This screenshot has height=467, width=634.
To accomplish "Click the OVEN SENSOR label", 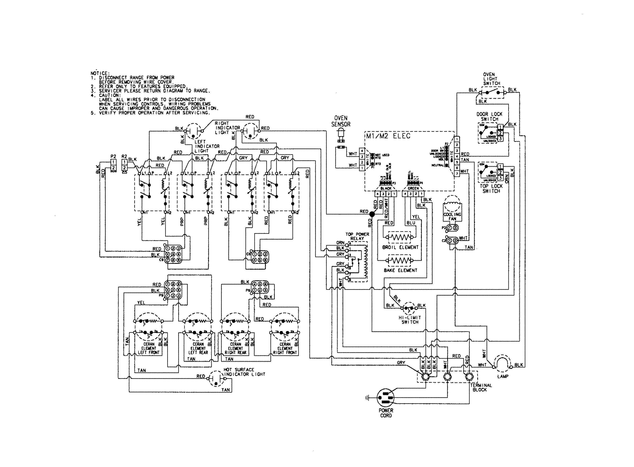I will click(341, 121).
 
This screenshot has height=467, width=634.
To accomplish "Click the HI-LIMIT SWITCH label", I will click(410, 320).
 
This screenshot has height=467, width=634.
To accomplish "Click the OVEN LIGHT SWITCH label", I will click(491, 79).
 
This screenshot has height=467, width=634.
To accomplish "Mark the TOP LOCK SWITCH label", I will click(491, 189).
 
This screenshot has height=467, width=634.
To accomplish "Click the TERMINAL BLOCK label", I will click(481, 387).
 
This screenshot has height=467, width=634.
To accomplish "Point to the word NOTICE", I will click(100, 73).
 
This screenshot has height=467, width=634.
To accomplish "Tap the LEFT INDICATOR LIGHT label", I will click(207, 146).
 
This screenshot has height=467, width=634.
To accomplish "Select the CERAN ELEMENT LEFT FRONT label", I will click(149, 348).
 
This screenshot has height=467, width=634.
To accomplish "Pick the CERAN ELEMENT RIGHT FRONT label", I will click(285, 348).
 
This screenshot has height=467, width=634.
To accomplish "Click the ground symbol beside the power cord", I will click(367, 398).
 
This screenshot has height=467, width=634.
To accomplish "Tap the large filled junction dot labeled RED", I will click(372, 215).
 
